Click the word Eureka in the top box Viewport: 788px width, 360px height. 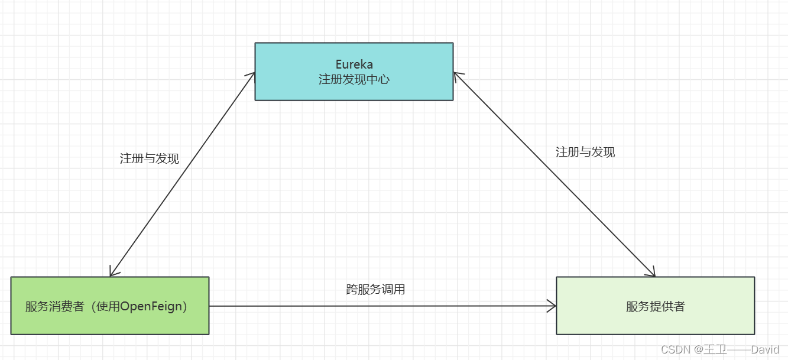354,64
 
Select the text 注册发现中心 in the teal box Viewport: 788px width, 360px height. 354,79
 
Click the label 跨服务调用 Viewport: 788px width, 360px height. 375,290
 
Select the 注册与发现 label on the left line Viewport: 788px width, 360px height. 149,158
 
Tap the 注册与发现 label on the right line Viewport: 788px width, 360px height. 585,152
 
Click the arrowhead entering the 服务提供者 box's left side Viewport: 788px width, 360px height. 553,306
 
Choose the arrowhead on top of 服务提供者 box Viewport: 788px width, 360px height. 652,273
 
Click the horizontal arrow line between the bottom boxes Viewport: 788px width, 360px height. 378,306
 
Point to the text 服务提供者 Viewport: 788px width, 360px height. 655,306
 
